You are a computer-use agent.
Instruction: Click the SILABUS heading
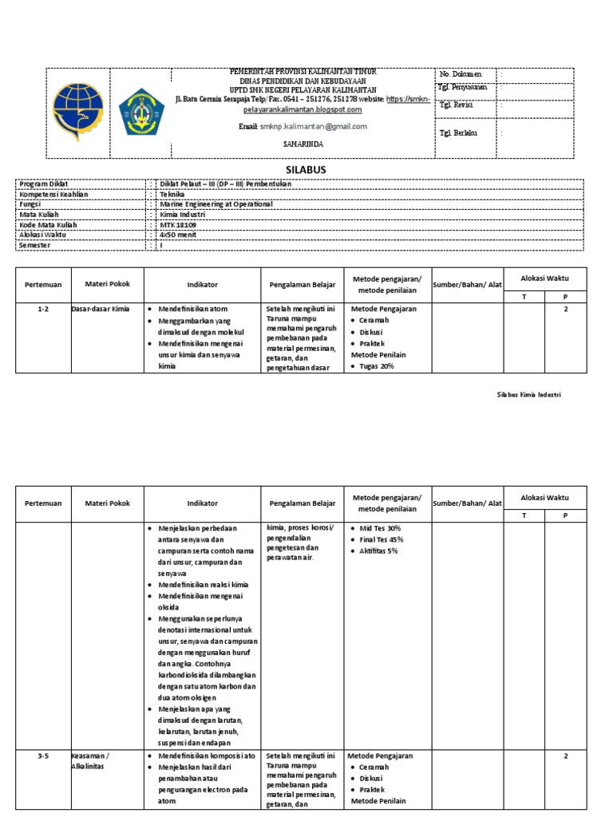[306, 170]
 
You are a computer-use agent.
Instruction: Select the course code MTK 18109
[178, 225]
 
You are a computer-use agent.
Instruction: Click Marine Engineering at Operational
[216, 204]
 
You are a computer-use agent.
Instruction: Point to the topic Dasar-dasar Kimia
[101, 309]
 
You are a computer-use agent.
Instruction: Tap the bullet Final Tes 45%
[382, 539]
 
